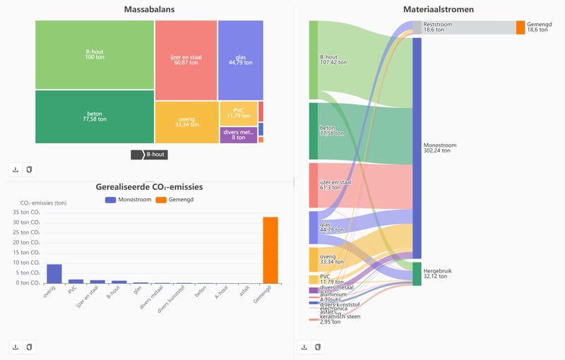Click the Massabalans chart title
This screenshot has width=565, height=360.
[149, 10]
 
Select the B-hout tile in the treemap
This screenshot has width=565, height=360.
[95, 54]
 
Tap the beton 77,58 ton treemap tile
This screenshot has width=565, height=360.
[95, 116]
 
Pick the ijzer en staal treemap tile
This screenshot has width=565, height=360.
[186, 59]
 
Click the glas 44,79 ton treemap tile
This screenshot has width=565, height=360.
[240, 59]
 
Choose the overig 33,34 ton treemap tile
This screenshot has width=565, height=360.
[186, 123]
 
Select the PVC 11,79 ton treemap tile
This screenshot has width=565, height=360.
[238, 113]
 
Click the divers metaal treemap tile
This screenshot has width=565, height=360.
[238, 135]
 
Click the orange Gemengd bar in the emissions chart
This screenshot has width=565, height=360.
[270, 250]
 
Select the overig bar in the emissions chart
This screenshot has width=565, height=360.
[54, 273]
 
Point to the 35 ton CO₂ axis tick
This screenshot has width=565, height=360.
[29, 212]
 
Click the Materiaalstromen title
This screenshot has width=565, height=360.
[429, 10]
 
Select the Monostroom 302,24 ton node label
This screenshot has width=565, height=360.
[439, 148]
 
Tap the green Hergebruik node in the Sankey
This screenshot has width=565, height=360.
[417, 274]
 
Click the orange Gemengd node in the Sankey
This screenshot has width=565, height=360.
[521, 28]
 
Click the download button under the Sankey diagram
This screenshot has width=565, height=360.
[304, 347]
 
